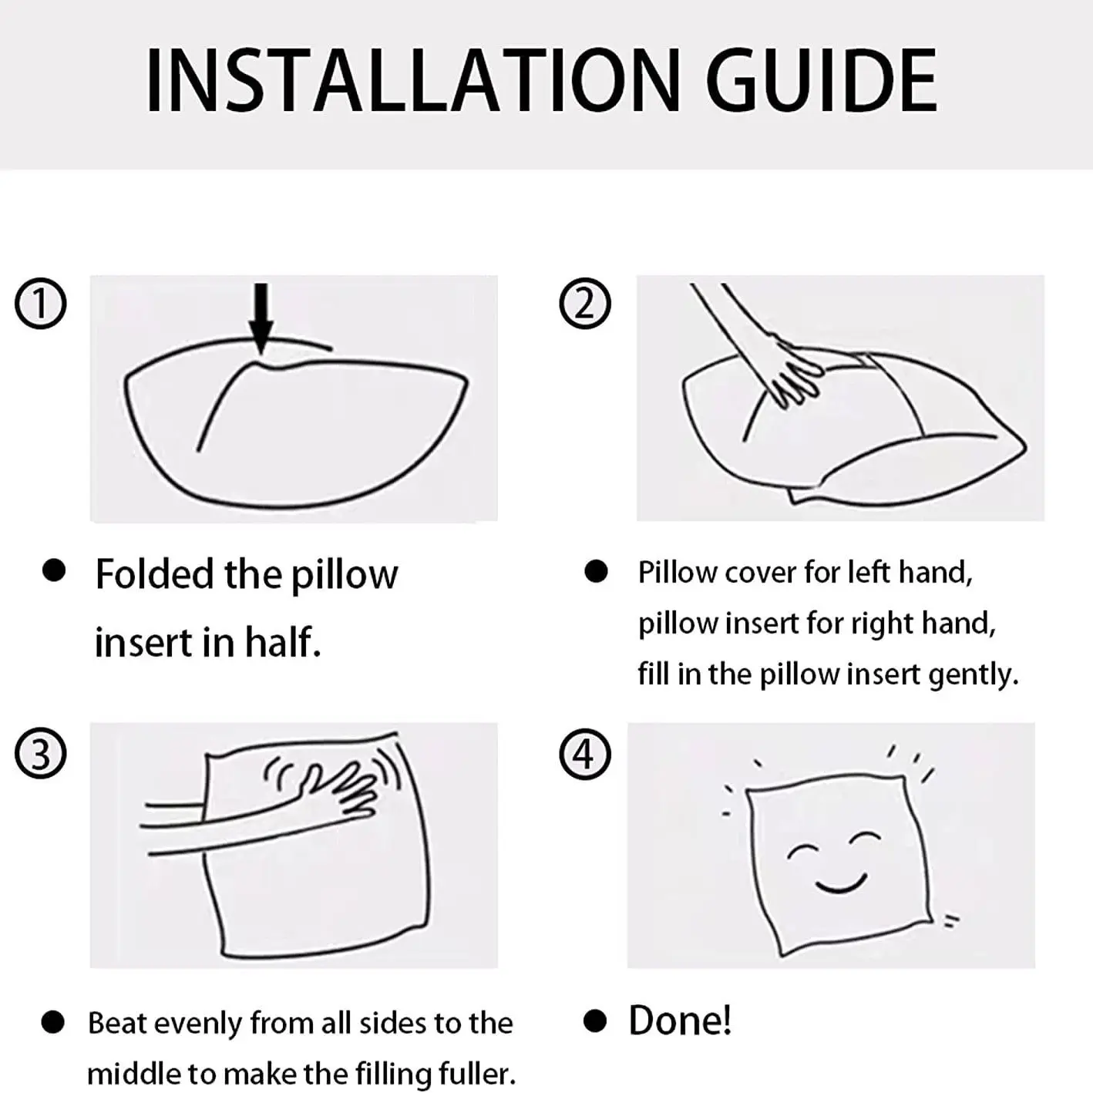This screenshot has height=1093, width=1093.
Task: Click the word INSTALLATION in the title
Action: [413, 80]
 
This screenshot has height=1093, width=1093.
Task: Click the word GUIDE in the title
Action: [822, 80]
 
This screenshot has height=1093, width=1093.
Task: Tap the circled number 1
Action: [40, 304]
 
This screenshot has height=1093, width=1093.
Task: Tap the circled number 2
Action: [585, 304]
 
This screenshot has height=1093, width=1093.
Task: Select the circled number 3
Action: [40, 754]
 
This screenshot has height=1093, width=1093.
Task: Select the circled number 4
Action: [585, 754]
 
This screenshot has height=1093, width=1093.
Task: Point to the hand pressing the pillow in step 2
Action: [794, 372]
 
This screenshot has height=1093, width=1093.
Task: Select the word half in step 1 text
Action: [282, 642]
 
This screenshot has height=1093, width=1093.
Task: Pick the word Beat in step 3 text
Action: [117, 1023]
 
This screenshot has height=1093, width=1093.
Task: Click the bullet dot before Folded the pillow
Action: [54, 570]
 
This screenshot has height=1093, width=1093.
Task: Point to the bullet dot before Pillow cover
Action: [596, 572]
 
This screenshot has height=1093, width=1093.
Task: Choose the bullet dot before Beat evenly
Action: [52, 1023]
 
